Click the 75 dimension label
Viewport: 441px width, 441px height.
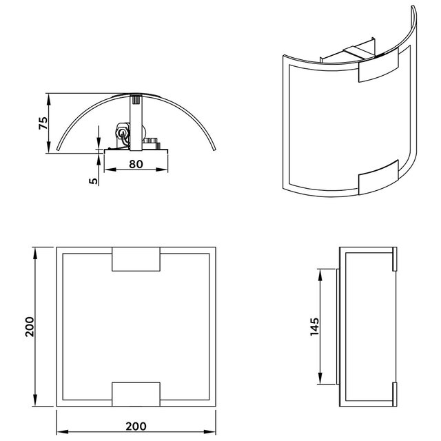(x=43, y=123)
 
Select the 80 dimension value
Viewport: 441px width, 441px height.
(x=136, y=165)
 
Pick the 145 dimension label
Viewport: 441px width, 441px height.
(x=313, y=327)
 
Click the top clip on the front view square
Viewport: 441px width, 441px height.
(x=136, y=260)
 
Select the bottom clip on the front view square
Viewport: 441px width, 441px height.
(x=136, y=393)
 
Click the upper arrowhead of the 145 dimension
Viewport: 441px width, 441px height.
(x=319, y=274)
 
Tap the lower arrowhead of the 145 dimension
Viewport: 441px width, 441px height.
(x=319, y=380)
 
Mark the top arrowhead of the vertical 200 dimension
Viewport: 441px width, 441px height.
(x=35, y=250)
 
